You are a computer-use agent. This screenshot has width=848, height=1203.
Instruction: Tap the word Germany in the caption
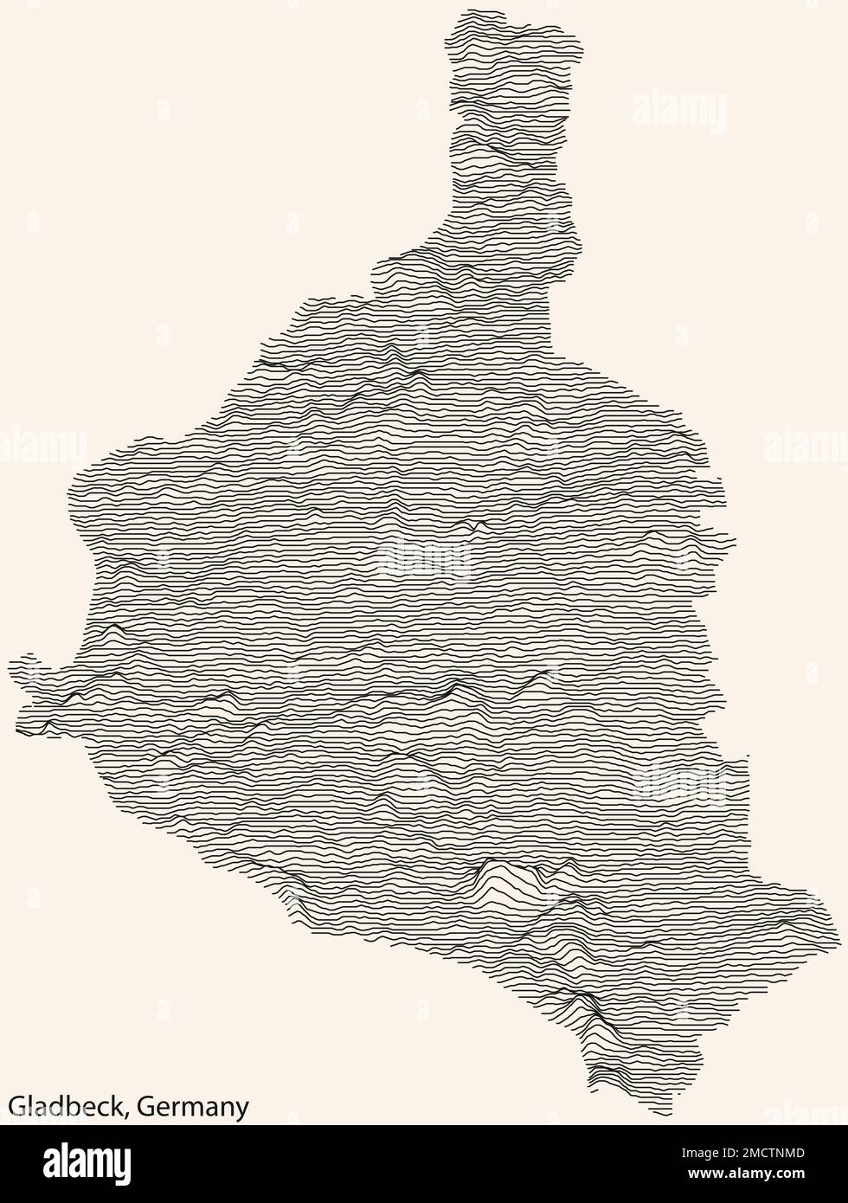(193, 1107)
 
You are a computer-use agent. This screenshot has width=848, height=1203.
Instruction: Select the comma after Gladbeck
(130, 1114)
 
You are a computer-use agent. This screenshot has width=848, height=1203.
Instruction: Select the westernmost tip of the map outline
(10, 666)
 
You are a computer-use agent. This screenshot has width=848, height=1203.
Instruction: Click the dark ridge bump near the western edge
(113, 627)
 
